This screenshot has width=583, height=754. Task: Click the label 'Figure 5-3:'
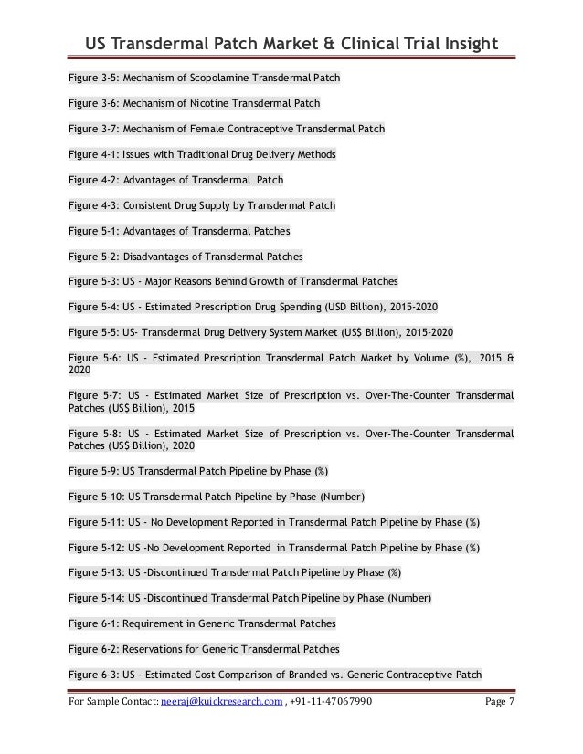(94, 279)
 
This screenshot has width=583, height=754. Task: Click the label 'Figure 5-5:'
(94, 330)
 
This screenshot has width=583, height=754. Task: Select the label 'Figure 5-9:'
(94, 472)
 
